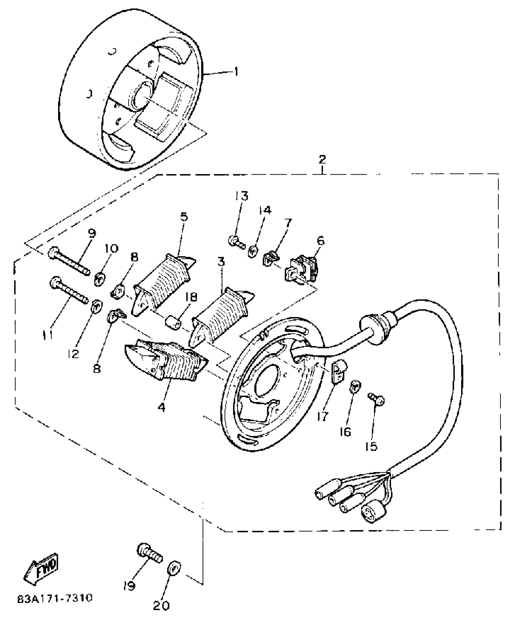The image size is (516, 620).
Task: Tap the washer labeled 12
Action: click(97, 307)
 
